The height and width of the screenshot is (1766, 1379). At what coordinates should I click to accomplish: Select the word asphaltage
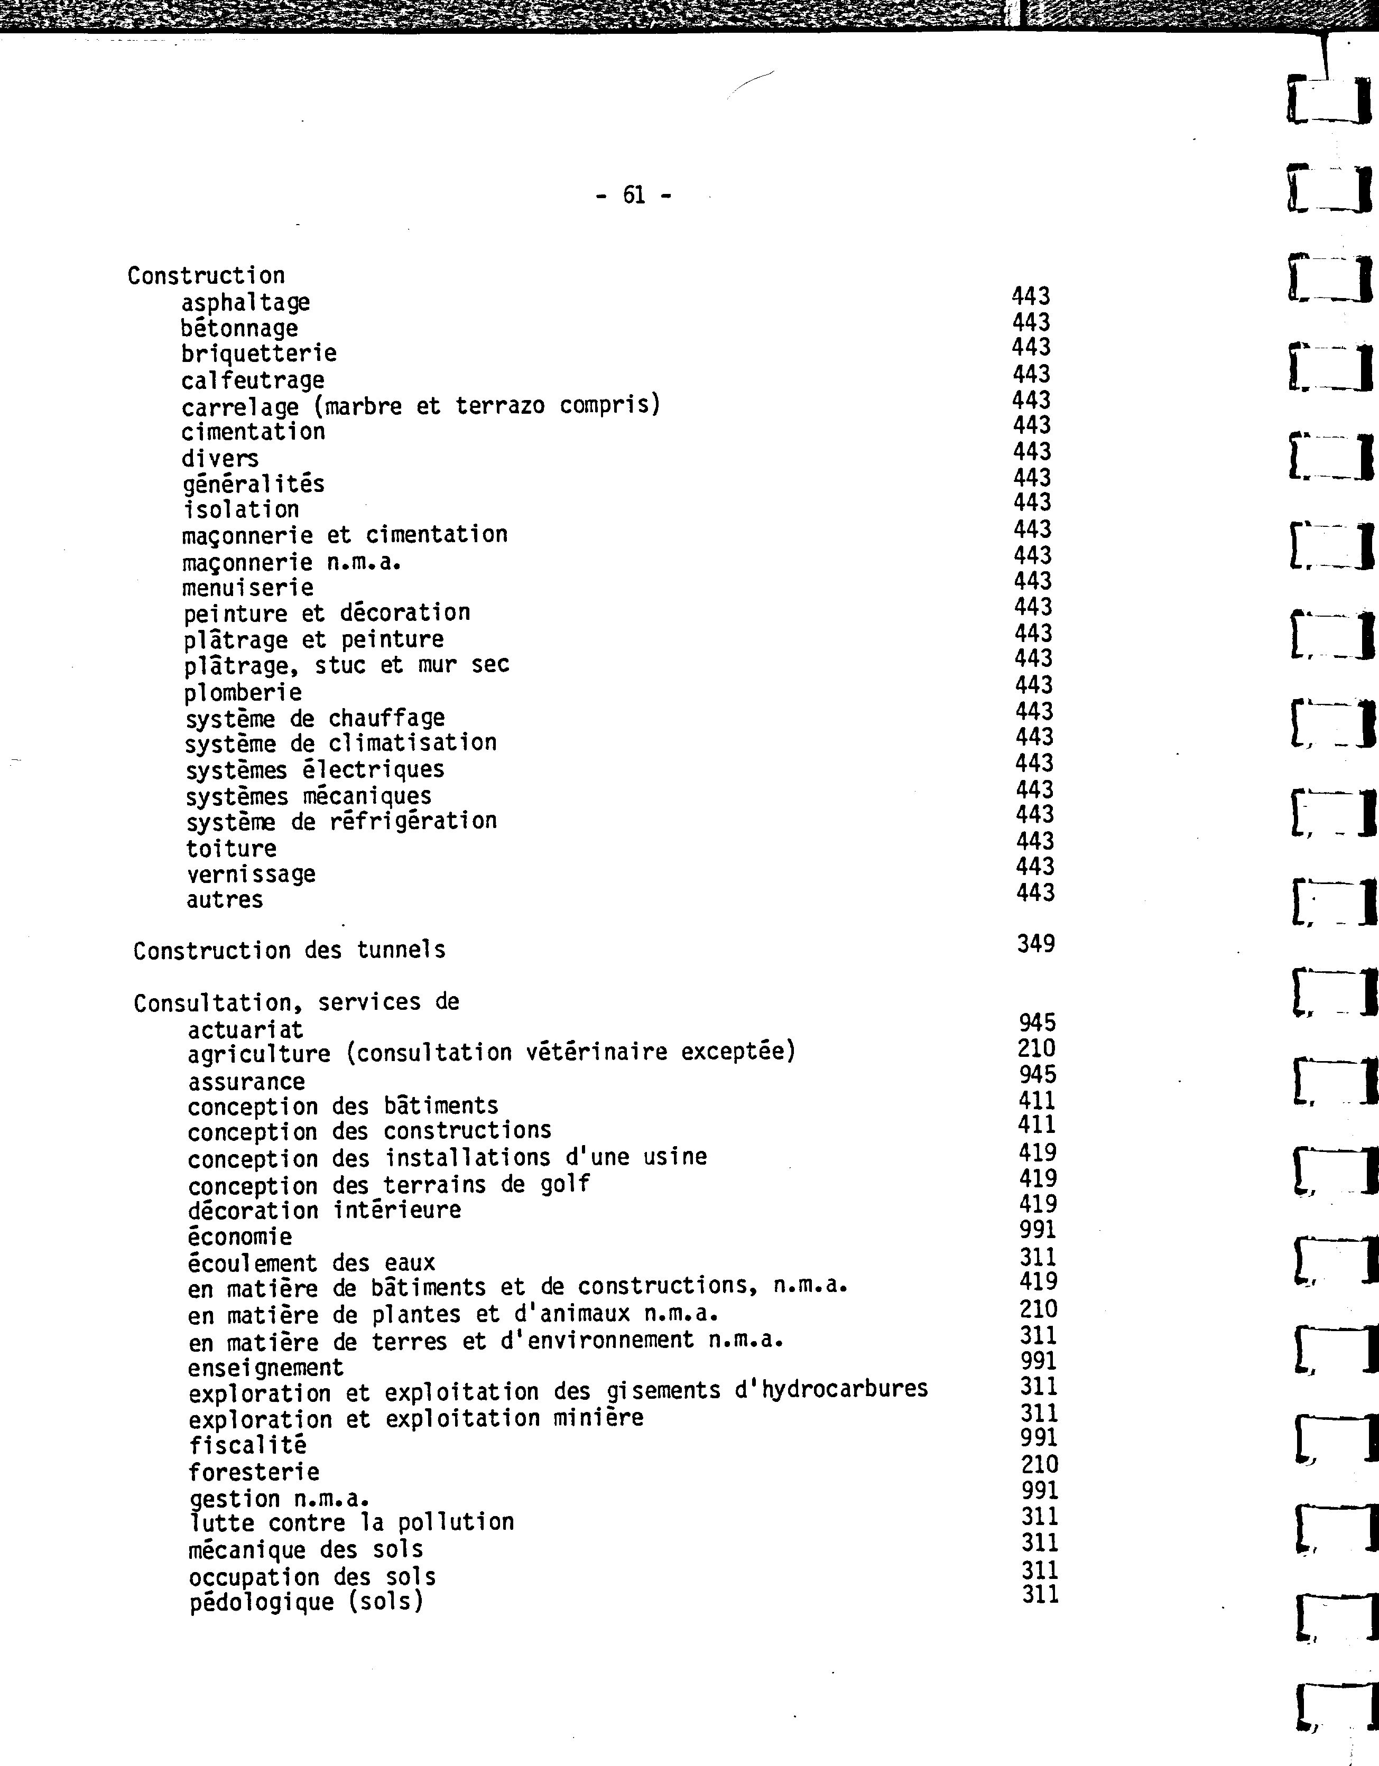click(245, 302)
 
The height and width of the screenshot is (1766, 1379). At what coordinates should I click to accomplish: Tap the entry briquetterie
click(259, 354)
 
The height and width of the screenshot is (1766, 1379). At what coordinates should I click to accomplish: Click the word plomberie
click(243, 693)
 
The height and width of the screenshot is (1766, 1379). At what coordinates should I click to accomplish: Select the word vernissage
click(251, 874)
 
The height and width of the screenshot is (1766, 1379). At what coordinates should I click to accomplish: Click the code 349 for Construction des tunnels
click(1036, 943)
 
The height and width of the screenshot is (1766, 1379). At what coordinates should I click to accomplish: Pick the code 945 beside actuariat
click(1037, 1023)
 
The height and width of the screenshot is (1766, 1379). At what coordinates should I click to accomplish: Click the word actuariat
click(245, 1030)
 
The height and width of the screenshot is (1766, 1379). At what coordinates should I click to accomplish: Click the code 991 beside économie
click(1038, 1230)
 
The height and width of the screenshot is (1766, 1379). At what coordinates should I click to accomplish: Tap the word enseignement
click(265, 1368)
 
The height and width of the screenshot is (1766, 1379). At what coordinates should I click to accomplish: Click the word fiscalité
click(247, 1445)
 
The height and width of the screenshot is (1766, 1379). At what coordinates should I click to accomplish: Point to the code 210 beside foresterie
click(1039, 1464)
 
